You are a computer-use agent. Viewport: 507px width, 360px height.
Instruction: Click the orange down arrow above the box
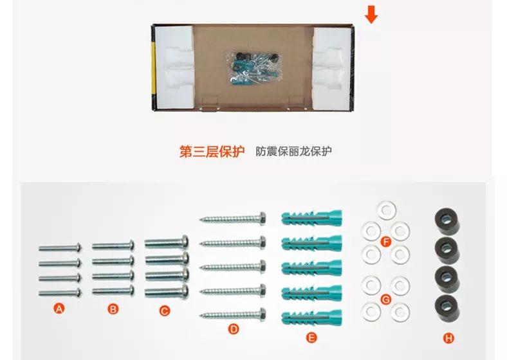[x=371, y=14]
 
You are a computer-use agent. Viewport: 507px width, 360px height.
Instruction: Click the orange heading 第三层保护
[x=212, y=152]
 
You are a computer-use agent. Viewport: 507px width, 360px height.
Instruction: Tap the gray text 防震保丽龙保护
[x=293, y=152]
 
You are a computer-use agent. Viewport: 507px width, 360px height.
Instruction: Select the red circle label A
[x=59, y=309]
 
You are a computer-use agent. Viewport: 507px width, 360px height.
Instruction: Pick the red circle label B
[x=113, y=309]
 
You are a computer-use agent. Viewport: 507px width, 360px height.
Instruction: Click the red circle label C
[x=165, y=311]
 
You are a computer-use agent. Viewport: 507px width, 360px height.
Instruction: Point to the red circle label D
[x=234, y=328]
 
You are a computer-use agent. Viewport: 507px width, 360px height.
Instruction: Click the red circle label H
[x=448, y=336]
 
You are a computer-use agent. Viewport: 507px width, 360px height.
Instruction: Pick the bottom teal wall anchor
[x=311, y=316]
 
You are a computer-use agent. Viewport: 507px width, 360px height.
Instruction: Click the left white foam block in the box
[x=173, y=67]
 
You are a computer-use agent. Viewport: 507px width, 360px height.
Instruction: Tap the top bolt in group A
[x=59, y=247]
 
